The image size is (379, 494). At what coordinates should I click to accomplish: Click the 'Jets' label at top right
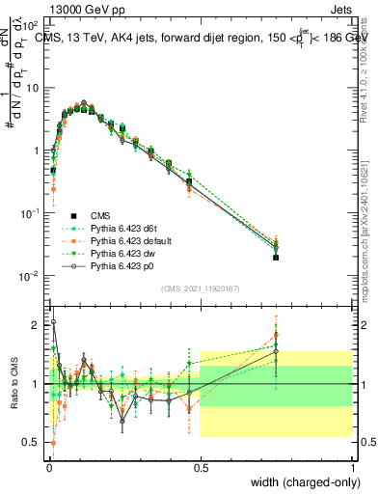coord(339,9)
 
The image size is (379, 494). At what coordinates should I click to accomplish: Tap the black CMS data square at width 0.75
coord(276,258)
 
